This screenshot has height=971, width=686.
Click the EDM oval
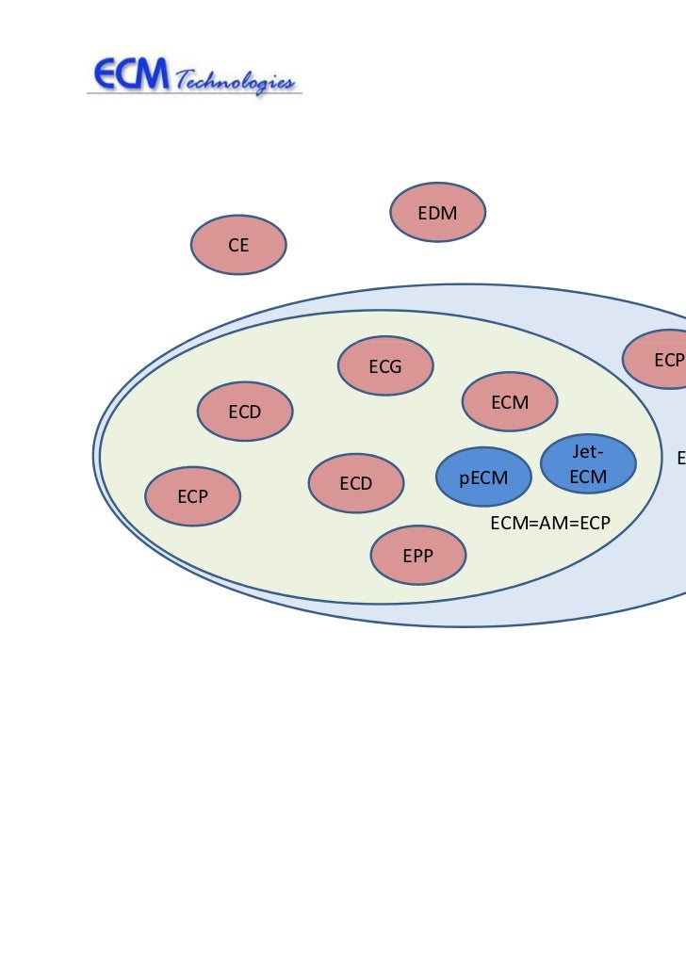tap(438, 213)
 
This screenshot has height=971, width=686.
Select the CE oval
tap(238, 245)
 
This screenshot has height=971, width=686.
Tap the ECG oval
tap(385, 366)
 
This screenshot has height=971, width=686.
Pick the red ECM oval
tap(510, 403)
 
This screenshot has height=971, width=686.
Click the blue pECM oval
tap(483, 477)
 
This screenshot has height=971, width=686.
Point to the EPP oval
tap(417, 556)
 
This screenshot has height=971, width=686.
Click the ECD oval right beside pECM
tap(356, 483)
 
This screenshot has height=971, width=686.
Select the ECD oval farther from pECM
tap(245, 412)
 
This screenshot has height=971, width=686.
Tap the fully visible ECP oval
tap(192, 496)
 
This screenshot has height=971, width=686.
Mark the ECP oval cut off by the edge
tap(660, 360)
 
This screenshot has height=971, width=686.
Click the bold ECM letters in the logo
tap(131, 74)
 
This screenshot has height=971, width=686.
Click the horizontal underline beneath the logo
tap(194, 93)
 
